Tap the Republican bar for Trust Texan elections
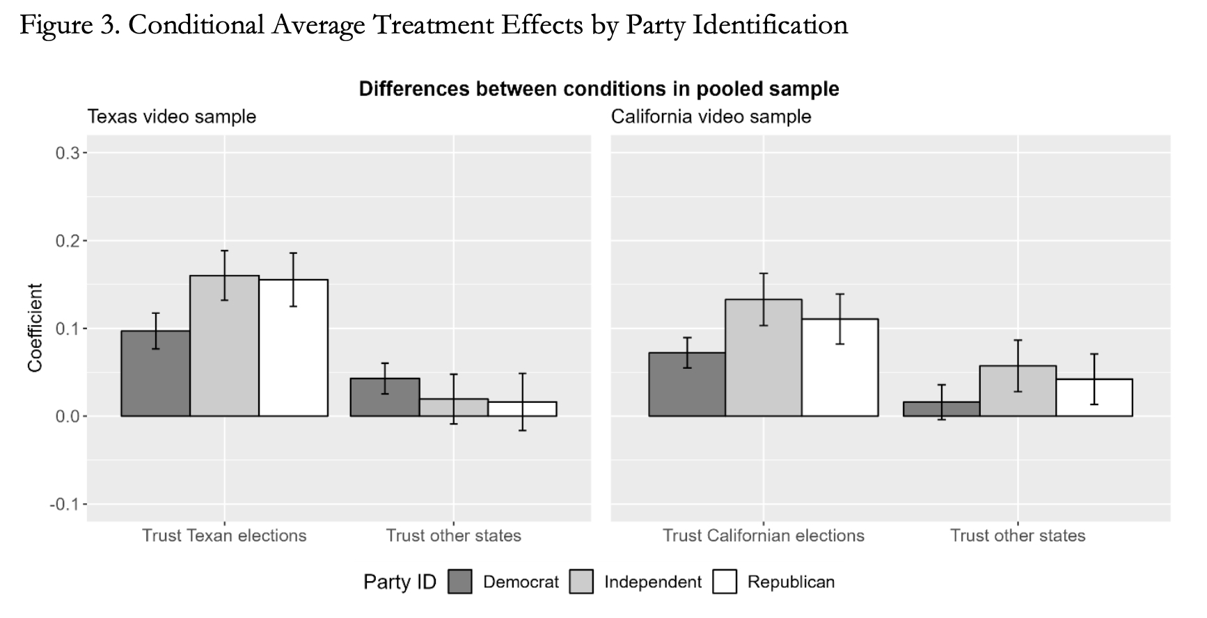tap(293, 348)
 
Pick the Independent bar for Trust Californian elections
tap(764, 358)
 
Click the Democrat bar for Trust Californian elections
tap(687, 384)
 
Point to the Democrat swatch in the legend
tap(460, 582)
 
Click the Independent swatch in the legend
tap(581, 582)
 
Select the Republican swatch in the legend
tap(725, 582)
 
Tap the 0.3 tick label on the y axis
tap(68, 153)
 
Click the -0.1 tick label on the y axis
tap(64, 504)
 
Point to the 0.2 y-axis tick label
tap(68, 241)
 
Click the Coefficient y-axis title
tap(35, 328)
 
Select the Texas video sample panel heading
tap(172, 116)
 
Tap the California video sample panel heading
tap(711, 116)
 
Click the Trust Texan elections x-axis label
tap(224, 535)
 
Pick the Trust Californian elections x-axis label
tap(764, 535)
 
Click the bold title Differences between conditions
tap(599, 89)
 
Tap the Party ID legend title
tap(400, 582)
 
